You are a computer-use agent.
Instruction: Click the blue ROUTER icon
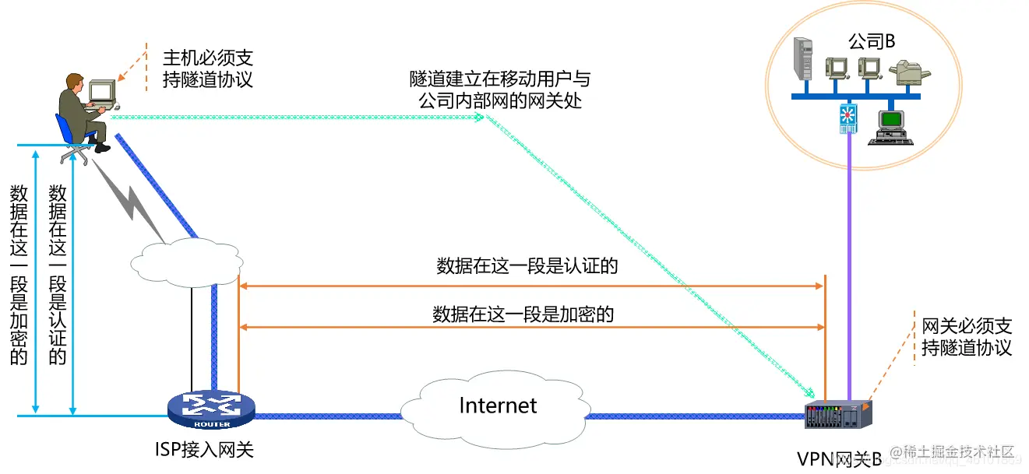point(210,409)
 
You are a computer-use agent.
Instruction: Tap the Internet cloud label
point(498,406)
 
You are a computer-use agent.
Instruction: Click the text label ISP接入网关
point(205,449)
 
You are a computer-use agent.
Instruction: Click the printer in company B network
point(910,73)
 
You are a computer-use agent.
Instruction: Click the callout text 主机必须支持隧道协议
point(207,69)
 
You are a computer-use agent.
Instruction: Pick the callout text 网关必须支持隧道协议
point(966,336)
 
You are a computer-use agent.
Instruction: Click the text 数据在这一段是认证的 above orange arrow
point(527,266)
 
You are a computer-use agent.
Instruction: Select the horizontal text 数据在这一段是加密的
point(523,314)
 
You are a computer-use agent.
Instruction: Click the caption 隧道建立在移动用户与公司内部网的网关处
point(499,90)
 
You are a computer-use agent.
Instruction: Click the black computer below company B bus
point(890,127)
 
